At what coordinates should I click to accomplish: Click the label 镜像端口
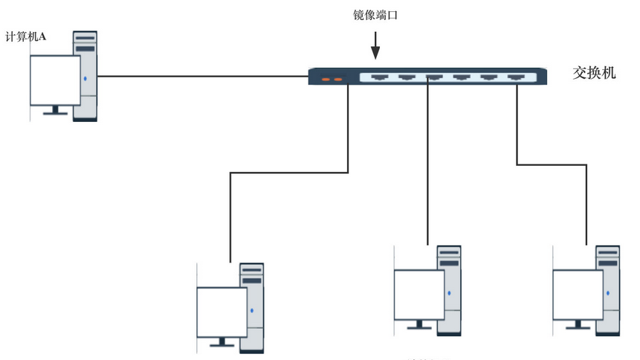pos(375,15)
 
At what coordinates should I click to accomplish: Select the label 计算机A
pos(26,36)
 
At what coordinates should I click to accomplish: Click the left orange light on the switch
pos(326,78)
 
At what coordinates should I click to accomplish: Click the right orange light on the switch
pos(338,78)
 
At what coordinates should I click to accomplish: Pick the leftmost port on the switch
pos(379,75)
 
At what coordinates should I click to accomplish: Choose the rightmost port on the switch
pos(517,75)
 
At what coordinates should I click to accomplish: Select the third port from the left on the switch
pos(434,75)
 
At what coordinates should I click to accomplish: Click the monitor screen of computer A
pos(54,80)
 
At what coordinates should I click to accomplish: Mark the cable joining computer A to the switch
pos(201,75)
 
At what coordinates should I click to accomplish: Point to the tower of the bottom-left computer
pos(252,306)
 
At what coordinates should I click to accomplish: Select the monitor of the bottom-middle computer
pos(418,294)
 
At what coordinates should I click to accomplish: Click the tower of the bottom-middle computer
pos(449,289)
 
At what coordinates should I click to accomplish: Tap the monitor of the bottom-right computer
pos(578,294)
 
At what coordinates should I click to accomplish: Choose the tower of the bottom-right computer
pos(608,289)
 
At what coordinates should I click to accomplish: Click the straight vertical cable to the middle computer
pos(428,164)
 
